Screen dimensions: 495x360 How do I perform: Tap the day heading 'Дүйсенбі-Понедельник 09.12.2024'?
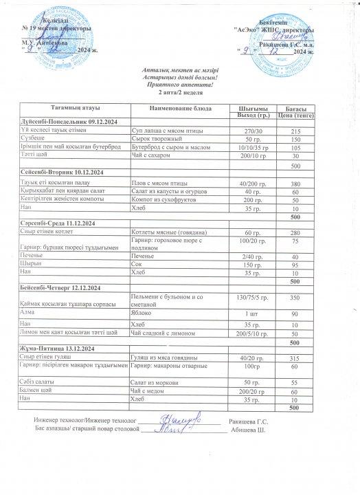point(60,121)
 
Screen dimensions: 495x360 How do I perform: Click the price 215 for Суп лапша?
point(296,131)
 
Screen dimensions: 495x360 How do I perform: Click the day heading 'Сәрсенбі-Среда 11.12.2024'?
point(58,223)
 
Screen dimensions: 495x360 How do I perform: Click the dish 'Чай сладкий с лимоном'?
point(165,333)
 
